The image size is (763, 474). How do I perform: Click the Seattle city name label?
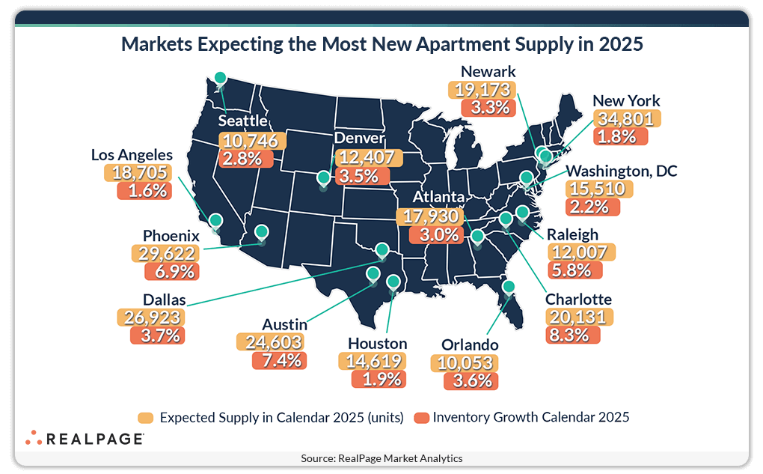pyautogui.click(x=243, y=121)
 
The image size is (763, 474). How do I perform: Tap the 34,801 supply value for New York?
pyautogui.click(x=625, y=118)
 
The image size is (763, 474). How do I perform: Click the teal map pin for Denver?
pyautogui.click(x=323, y=178)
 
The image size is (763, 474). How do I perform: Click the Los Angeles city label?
pyautogui.click(x=132, y=155)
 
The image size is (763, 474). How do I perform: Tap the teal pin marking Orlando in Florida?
pyautogui.click(x=509, y=287)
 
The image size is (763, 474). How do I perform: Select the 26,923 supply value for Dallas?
pyautogui.click(x=150, y=317)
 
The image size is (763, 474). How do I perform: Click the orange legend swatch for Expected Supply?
pyautogui.click(x=147, y=417)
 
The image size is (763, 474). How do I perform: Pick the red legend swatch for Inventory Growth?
pyautogui.click(x=420, y=417)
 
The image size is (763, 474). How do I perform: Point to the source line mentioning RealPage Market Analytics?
pyautogui.click(x=381, y=458)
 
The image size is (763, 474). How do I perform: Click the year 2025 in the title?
pyautogui.click(x=620, y=44)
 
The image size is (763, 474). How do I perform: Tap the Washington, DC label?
pyautogui.click(x=621, y=171)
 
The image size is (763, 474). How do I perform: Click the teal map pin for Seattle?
pyautogui.click(x=220, y=78)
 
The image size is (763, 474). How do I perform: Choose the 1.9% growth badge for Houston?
pyautogui.click(x=379, y=380)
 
